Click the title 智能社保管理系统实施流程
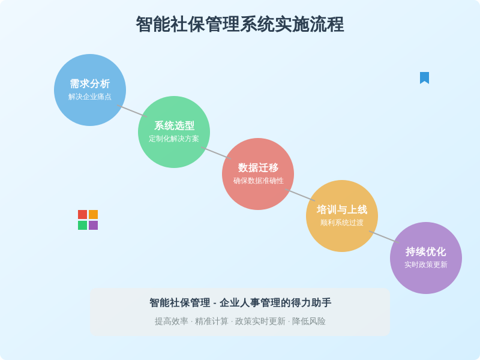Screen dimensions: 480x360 tap(240, 25)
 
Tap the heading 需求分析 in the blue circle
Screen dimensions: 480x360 tap(90, 83)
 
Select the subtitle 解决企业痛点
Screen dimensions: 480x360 tap(90, 97)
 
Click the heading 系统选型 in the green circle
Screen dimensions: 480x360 tap(174, 125)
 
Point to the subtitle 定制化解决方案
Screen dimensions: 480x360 tap(174, 139)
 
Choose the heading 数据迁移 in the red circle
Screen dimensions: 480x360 tap(258, 167)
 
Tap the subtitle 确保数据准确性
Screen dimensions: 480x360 tap(258, 181)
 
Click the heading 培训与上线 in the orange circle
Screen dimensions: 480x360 tap(342, 209)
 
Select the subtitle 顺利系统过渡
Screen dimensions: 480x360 tap(342, 223)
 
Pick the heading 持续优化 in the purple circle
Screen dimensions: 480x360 tap(426, 251)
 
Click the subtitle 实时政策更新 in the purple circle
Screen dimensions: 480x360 tap(426, 265)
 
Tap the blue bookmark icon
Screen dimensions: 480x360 tap(424, 78)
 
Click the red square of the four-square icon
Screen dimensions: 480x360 tap(83, 214)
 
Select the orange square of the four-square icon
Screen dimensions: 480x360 tap(94, 214)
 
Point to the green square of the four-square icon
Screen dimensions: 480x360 tap(83, 226)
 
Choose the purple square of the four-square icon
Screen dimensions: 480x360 tap(94, 226)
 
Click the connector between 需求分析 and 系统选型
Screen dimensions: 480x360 tap(132, 111)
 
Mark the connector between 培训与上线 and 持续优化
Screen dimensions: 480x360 tap(384, 237)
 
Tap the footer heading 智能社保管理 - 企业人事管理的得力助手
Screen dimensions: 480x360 tap(241, 303)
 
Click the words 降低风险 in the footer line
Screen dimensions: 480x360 tap(309, 322)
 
